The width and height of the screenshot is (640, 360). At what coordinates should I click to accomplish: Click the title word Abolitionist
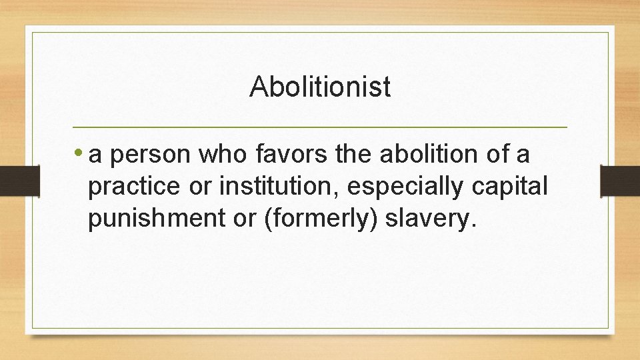coord(320,87)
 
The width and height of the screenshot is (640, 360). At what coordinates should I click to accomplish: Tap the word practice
coord(135,187)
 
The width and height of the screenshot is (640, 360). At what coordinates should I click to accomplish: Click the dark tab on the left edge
coord(19,181)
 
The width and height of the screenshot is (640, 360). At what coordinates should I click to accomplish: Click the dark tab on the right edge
coord(620,181)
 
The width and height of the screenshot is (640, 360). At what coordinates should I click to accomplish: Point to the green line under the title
coord(320,127)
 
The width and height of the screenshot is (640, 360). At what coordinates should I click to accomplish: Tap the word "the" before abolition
coord(356,155)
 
